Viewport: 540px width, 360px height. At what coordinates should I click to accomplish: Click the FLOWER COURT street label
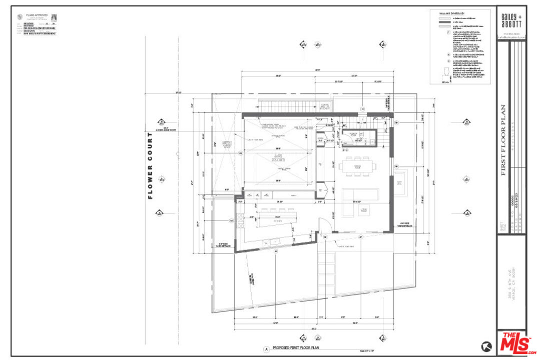(x=150, y=166)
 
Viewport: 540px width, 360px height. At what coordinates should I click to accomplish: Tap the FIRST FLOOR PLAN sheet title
(x=503, y=140)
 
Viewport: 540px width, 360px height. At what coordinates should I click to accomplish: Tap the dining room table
(x=357, y=166)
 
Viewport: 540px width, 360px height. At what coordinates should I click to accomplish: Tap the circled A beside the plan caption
(x=267, y=349)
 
